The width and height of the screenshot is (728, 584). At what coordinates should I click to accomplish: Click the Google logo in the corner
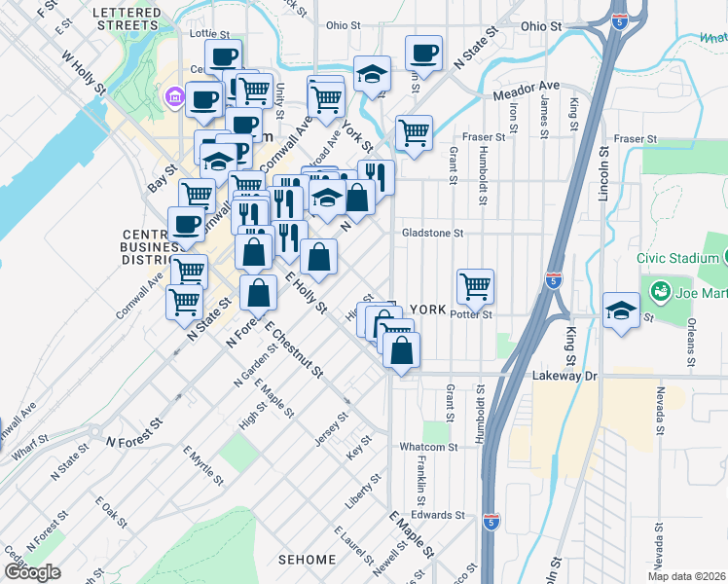[x=32, y=571]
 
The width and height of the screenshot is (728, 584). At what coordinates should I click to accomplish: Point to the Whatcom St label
[x=427, y=447]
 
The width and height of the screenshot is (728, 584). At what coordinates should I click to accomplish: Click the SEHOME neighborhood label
[x=307, y=560]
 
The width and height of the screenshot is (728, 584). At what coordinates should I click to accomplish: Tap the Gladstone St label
[x=433, y=234]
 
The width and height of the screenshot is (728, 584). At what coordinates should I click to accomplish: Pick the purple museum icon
[x=175, y=96]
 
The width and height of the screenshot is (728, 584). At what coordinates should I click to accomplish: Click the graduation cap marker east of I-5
[x=621, y=311]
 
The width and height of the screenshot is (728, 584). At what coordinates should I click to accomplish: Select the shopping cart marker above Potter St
[x=475, y=286]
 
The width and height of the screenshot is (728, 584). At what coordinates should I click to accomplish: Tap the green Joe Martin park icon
[x=659, y=291]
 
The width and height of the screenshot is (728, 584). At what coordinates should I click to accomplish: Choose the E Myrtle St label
[x=202, y=466]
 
